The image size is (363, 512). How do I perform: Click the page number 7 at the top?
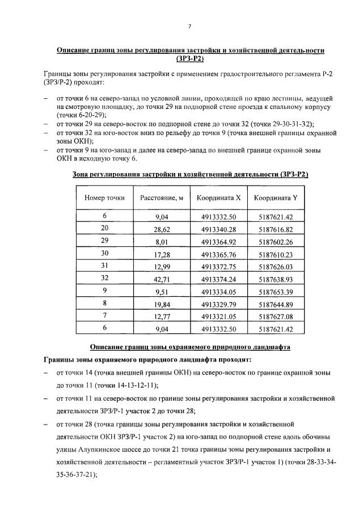point(190,26)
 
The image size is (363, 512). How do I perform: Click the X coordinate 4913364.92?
point(218,242)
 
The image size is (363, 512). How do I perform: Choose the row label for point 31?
point(104,266)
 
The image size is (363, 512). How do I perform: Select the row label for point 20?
point(104,228)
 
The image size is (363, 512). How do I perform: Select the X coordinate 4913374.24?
point(218,280)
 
